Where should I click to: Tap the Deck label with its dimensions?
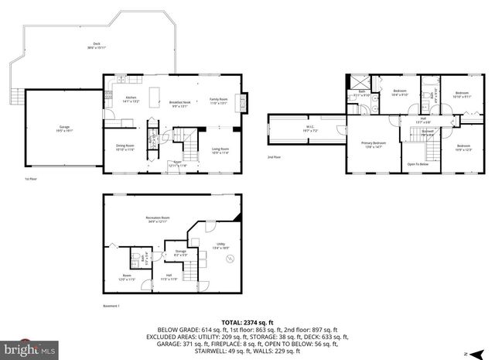tap(97, 46)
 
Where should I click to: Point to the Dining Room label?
tap(125, 148)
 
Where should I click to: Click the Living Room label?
tap(220, 150)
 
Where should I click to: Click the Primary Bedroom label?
tap(373, 145)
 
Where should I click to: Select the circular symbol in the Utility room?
tap(229, 259)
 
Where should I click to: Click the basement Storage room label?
tap(180, 252)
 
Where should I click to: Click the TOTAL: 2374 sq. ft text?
tap(247, 321)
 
